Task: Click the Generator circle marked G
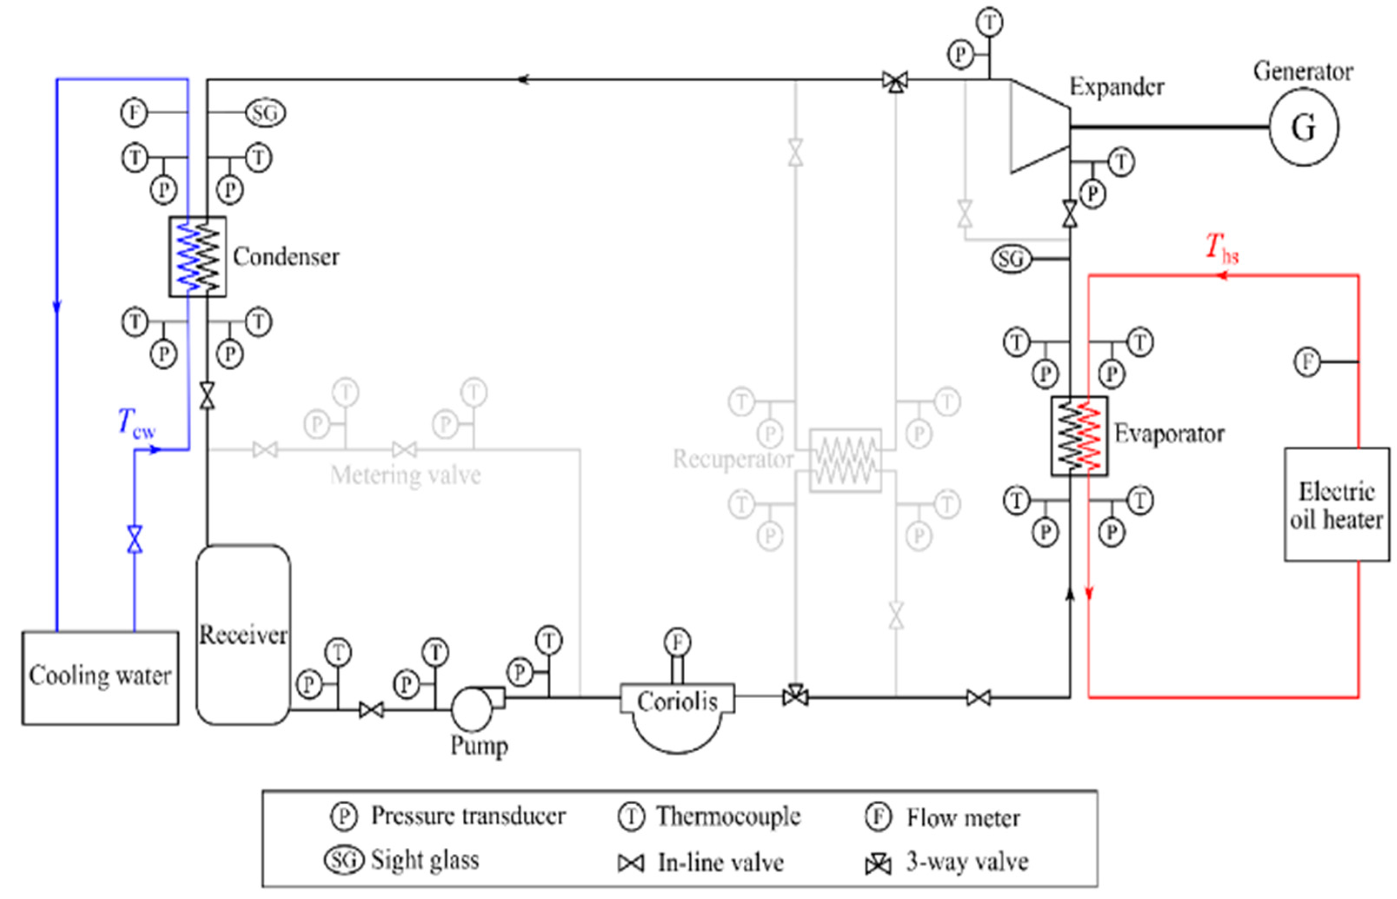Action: click(1303, 127)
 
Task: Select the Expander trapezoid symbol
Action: click(1039, 127)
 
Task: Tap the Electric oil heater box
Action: click(1336, 505)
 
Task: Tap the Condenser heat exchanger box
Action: click(198, 257)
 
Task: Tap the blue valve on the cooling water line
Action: click(135, 539)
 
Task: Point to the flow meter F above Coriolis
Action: click(677, 642)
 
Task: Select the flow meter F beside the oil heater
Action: click(1307, 362)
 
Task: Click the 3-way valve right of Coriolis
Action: click(795, 695)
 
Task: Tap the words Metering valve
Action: click(405, 475)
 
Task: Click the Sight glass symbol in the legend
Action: click(344, 860)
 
